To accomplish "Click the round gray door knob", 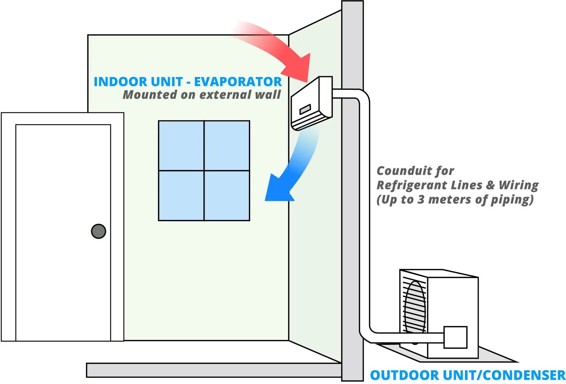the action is click(x=98, y=231).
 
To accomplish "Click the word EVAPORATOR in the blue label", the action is click(x=238, y=82).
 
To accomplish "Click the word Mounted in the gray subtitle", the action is click(x=150, y=95).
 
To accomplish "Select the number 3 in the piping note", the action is click(x=421, y=199).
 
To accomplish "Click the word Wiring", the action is click(x=518, y=185).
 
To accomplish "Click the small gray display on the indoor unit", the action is click(x=305, y=109).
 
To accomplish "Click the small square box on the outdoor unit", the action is click(x=455, y=337).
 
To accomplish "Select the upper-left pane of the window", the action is click(x=181, y=146).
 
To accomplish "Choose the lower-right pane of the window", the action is click(x=227, y=196).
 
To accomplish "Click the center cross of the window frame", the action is click(x=204, y=171).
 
